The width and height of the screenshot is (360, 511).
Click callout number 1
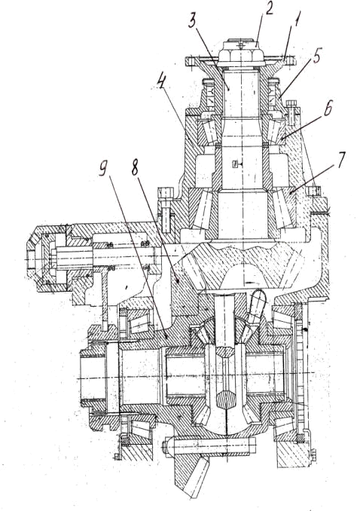297,23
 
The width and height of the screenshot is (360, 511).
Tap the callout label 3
194,23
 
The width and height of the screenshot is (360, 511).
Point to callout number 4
160,84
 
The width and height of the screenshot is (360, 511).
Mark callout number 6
327,108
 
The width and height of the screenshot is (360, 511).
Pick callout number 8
135,168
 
